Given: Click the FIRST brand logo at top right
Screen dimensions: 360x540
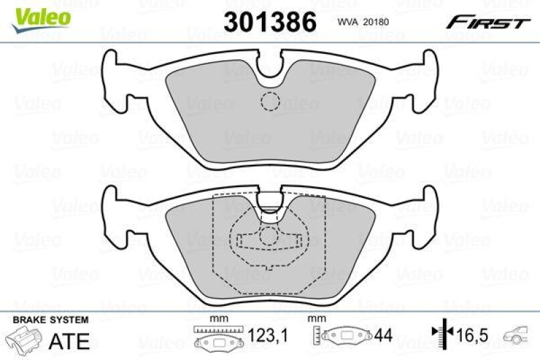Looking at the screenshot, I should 487,22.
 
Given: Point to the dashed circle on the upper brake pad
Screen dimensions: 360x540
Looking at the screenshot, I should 270,101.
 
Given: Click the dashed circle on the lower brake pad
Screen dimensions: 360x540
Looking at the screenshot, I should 270,236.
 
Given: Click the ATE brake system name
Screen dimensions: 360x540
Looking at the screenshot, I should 70,341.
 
